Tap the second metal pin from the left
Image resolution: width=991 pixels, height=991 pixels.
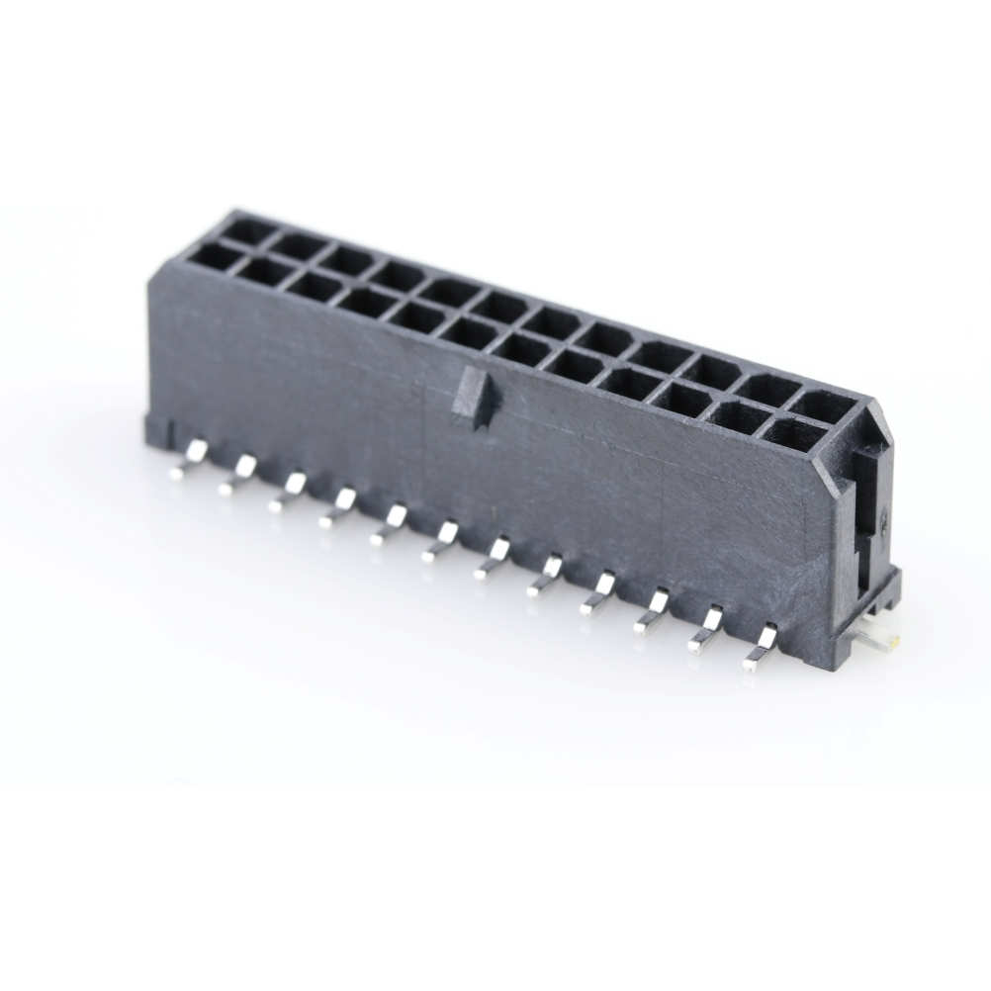click(x=237, y=475)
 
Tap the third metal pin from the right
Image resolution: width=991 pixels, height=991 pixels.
click(x=653, y=610)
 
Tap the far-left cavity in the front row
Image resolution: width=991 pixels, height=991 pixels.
click(x=218, y=260)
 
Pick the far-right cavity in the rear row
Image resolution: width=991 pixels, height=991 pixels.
click(x=817, y=403)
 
